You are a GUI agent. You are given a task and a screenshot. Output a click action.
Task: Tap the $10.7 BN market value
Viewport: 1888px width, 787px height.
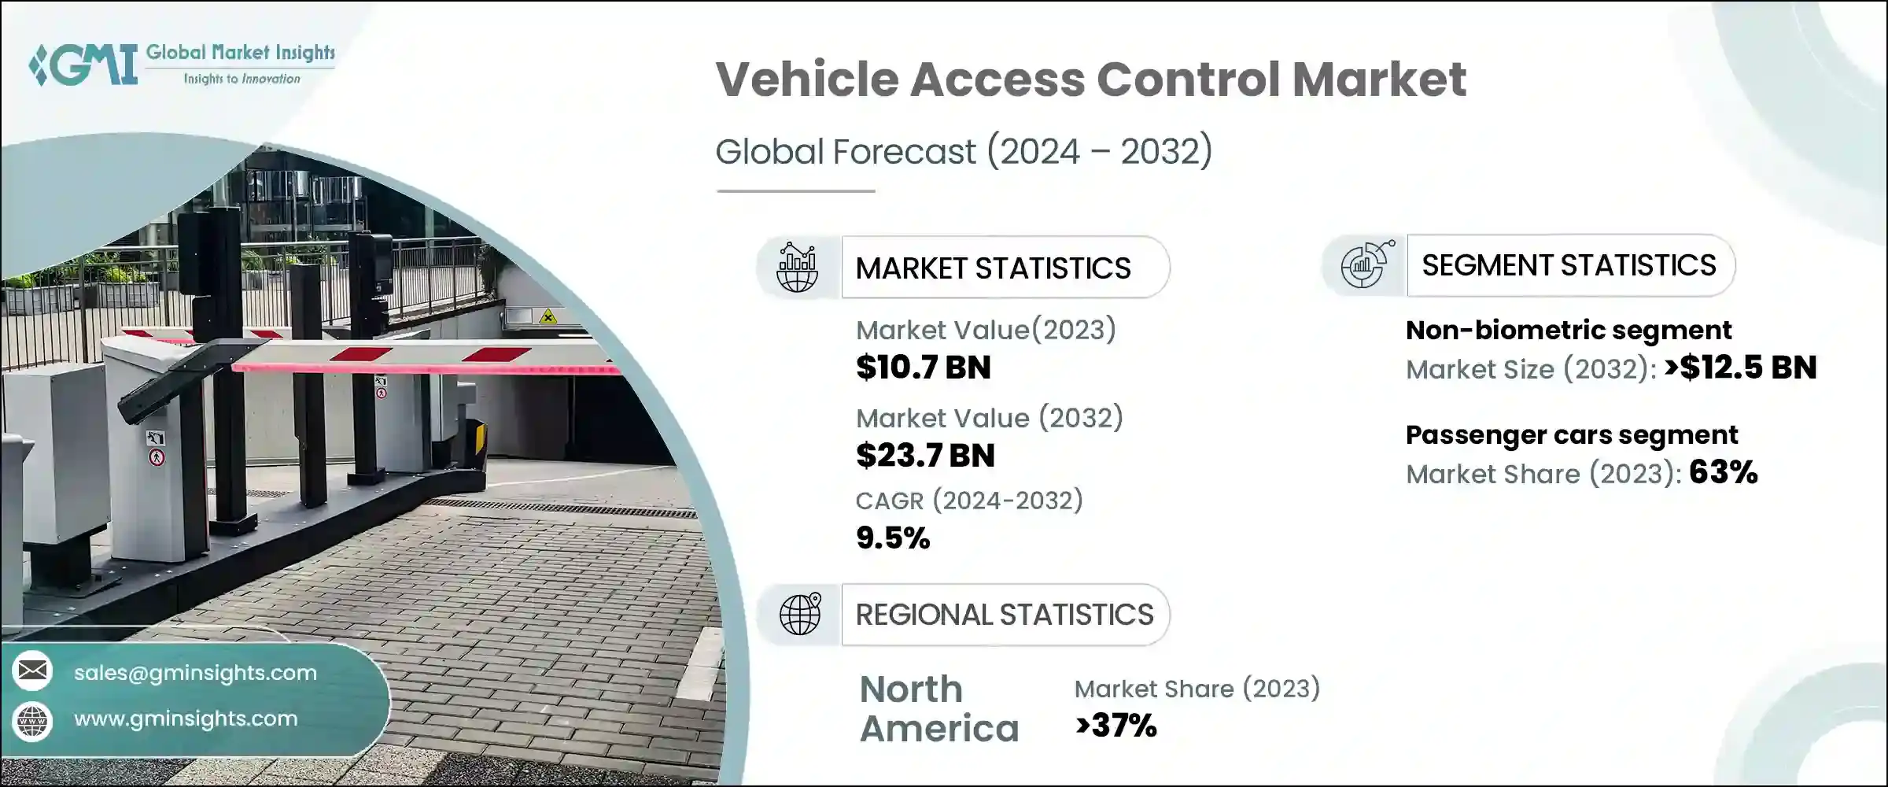[923, 368]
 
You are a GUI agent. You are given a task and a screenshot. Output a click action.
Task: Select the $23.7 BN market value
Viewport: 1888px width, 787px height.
[925, 456]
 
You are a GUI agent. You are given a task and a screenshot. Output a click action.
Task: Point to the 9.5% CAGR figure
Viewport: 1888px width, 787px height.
[893, 538]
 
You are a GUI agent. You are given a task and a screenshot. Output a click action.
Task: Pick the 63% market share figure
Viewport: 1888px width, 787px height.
[1723, 472]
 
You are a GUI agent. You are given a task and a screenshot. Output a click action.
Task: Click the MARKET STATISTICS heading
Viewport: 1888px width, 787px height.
[993, 268]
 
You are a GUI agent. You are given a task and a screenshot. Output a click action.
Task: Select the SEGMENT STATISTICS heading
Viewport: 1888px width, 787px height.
[1569, 266]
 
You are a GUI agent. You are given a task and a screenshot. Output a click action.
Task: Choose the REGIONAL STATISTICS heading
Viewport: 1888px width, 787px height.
[1004, 615]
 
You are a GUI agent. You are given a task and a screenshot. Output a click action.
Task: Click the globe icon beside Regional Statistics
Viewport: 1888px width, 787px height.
[799, 614]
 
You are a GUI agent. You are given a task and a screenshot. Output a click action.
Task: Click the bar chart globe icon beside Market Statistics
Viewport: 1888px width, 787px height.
[797, 268]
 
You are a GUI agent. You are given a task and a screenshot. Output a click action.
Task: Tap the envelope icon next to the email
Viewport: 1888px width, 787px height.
[32, 671]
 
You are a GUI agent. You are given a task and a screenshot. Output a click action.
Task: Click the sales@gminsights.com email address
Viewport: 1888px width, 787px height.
[195, 673]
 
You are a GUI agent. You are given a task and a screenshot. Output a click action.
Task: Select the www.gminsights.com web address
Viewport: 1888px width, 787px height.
[186, 719]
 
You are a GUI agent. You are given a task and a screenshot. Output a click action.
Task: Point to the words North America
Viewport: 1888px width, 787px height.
[938, 709]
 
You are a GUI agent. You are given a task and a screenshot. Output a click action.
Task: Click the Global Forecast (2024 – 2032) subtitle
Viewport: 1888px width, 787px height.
[964, 151]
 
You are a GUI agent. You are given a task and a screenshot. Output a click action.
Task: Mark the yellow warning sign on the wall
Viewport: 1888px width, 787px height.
[548, 317]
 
